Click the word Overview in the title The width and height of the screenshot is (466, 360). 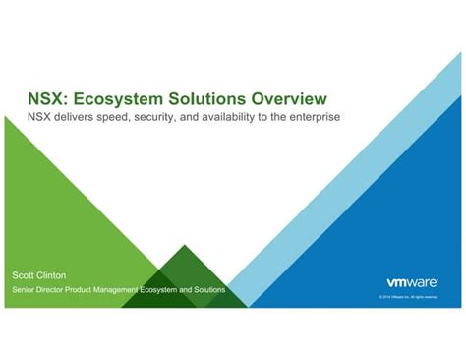[x=285, y=98]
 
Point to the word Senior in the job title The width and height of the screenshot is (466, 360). [x=23, y=290]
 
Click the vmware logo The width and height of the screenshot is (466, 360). [x=405, y=279]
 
